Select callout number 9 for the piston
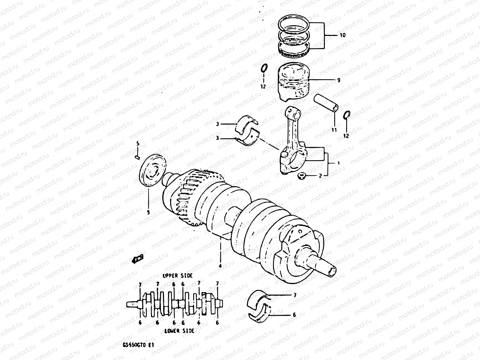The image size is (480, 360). pos(338,80)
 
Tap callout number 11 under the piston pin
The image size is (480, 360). pos(334,130)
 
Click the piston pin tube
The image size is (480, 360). pos(327,103)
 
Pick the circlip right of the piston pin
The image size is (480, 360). pos(346,114)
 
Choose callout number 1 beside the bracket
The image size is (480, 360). pos(338,163)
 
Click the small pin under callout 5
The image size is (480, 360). pos(138,156)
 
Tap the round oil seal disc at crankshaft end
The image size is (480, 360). pos(153,169)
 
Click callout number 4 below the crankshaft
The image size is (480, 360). pos(220,266)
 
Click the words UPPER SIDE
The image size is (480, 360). pos(178,275)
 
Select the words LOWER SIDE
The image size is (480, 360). pos(179,331)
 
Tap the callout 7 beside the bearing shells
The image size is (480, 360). pos(295,295)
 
